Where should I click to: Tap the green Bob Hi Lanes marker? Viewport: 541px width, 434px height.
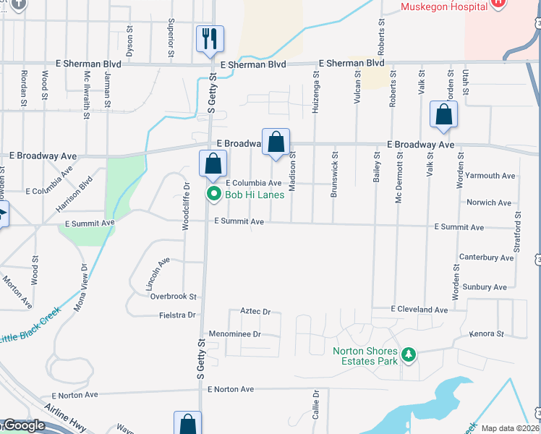click(214, 194)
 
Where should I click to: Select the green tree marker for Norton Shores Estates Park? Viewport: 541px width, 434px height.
click(409, 354)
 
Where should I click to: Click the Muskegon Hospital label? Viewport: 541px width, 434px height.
click(442, 7)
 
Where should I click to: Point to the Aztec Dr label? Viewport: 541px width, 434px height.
click(255, 312)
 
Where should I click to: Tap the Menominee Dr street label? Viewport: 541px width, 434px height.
click(234, 334)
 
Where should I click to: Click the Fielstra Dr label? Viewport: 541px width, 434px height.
click(177, 315)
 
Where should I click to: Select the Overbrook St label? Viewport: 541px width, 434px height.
click(174, 297)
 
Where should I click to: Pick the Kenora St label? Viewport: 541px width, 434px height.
click(485, 334)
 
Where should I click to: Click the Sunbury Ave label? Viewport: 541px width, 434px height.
click(485, 287)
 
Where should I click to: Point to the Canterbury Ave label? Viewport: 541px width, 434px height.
click(486, 258)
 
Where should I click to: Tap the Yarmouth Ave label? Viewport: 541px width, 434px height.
click(490, 176)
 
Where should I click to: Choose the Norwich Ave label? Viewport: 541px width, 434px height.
click(490, 203)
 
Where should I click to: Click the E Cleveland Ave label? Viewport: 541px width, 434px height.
click(419, 310)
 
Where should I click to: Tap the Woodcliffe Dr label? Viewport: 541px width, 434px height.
click(186, 206)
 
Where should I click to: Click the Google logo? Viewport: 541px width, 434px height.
click(23, 426)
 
